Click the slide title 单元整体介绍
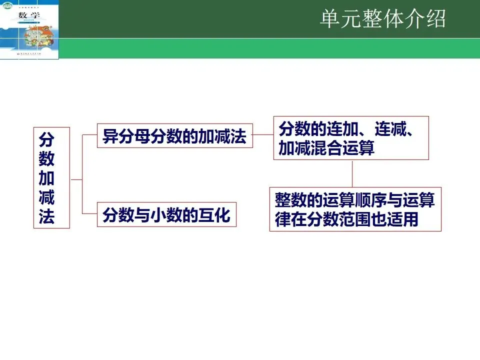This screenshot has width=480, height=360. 382,19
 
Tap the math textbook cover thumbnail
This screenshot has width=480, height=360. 29,29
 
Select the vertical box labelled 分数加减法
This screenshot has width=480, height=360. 51,178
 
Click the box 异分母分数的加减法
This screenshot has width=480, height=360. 174,136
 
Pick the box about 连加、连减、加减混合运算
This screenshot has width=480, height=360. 350,138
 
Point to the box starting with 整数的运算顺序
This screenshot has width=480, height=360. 355,209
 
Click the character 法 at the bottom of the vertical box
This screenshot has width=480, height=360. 46,217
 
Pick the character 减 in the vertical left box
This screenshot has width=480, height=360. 46,198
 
